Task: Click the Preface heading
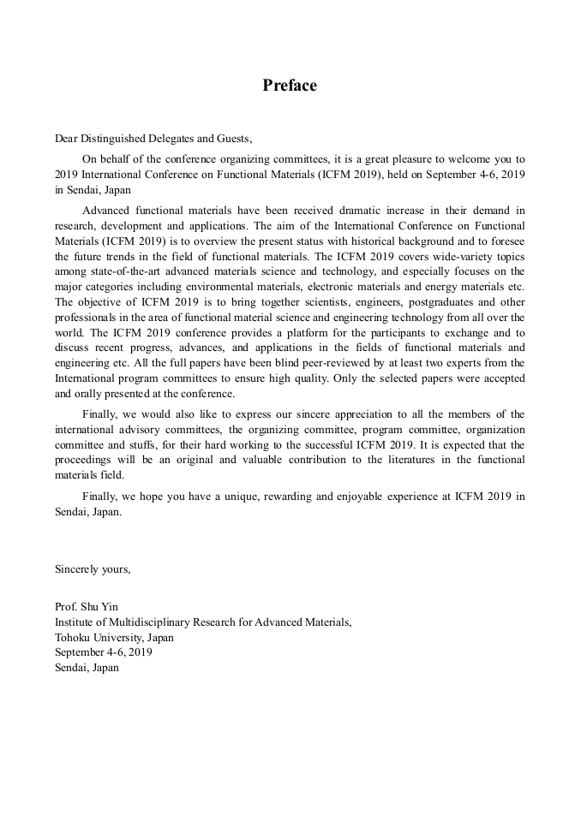coord(290,86)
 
